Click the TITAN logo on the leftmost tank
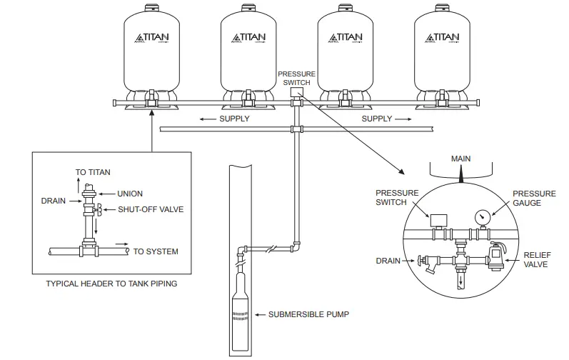(151, 37)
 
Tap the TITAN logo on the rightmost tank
(442, 37)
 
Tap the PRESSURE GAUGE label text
(534, 198)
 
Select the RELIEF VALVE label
(537, 259)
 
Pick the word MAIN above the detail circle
(460, 158)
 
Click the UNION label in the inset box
(131, 194)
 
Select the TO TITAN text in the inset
(93, 172)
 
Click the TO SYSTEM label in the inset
(156, 251)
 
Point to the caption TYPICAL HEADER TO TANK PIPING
(111, 284)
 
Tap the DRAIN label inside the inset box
(54, 201)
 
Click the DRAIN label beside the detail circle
(389, 261)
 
